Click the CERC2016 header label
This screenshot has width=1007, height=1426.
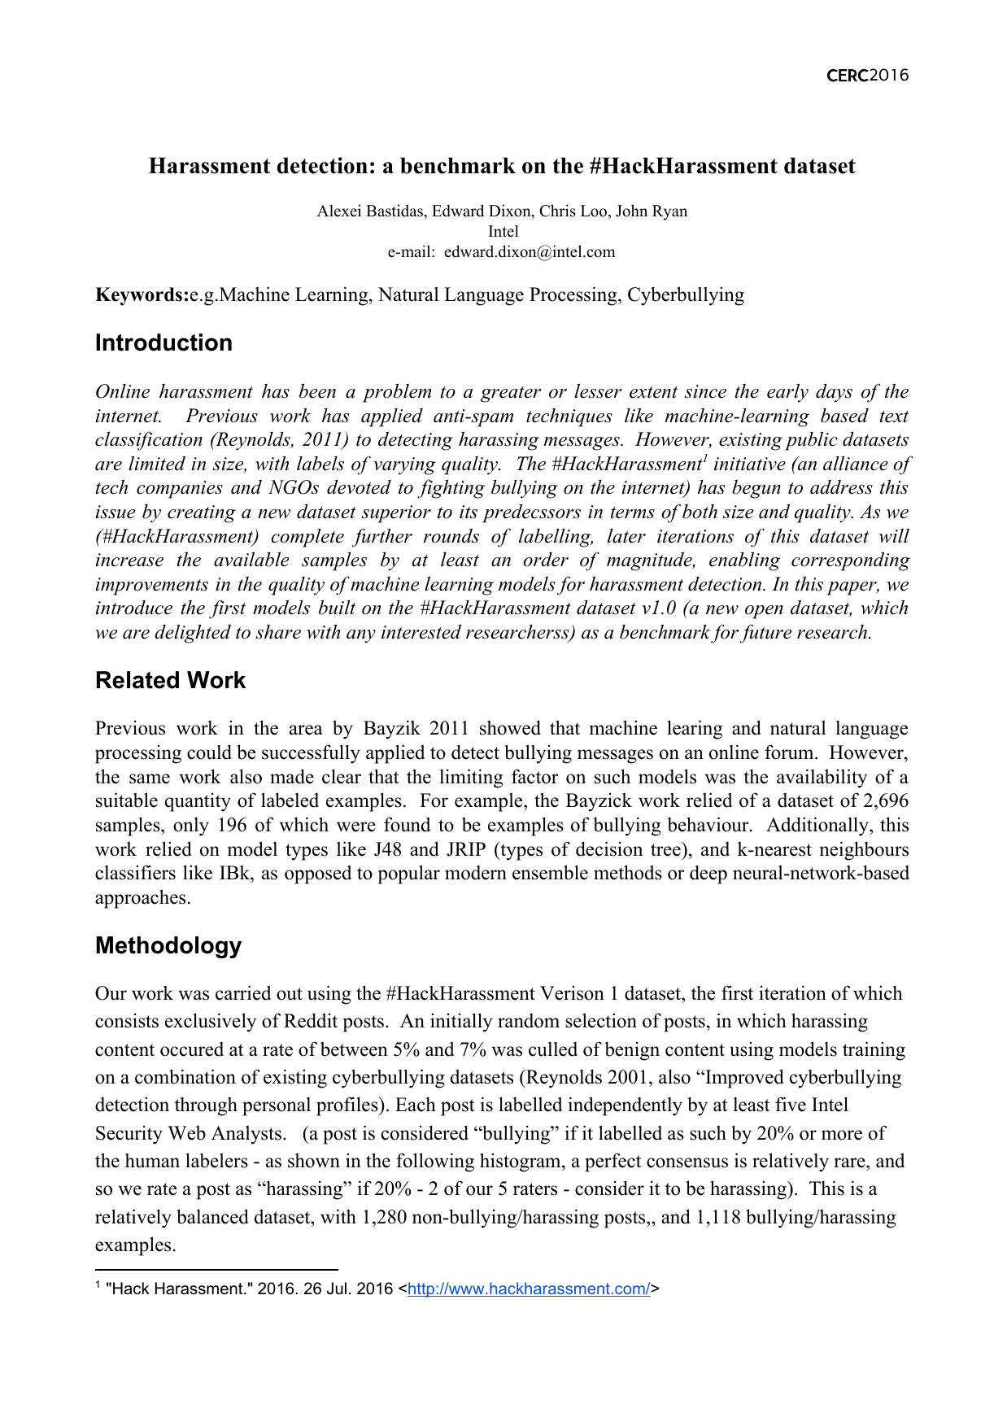(x=867, y=76)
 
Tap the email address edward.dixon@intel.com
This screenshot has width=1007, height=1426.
(x=530, y=251)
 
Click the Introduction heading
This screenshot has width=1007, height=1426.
(x=163, y=342)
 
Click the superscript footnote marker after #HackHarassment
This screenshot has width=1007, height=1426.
(x=704, y=459)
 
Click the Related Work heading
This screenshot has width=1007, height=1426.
(x=170, y=680)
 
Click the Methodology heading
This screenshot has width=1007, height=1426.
(x=168, y=945)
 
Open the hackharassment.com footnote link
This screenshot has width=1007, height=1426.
(x=528, y=1289)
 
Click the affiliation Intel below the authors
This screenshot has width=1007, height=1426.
(x=503, y=232)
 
